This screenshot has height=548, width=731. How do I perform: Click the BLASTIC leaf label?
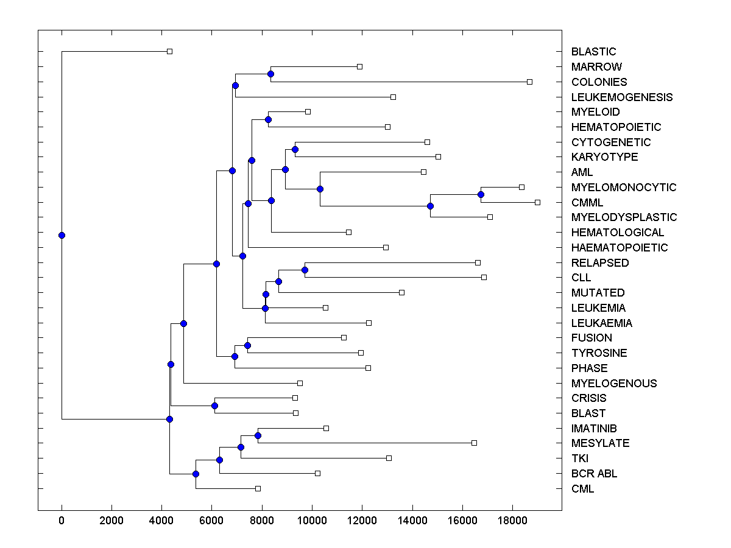pos(593,52)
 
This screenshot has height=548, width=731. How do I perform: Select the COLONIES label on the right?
pos(599,82)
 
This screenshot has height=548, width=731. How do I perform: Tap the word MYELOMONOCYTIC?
pos(624,187)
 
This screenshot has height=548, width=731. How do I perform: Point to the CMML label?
pos(587,202)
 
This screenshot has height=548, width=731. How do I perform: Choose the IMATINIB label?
pos(594,429)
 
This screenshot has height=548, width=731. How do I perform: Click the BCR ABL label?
pos(594,474)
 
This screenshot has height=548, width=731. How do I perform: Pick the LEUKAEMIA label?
pos(601,323)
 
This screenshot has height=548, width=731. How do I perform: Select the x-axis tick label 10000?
pos(312,521)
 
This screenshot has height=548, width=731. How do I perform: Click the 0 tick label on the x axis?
pos(62,521)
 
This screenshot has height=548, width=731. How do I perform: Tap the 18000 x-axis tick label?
pos(512,521)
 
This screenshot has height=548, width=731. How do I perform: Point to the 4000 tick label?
pos(161,521)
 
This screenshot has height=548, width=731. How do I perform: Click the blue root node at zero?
pos(62,235)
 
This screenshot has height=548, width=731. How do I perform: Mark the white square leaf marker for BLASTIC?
pos(170,51)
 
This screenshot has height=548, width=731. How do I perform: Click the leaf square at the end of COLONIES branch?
pos(529,82)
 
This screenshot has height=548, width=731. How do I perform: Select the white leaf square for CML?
pos(258,488)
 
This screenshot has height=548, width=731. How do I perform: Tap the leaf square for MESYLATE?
pos(474,443)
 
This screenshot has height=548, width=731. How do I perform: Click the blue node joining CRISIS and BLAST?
pos(214,406)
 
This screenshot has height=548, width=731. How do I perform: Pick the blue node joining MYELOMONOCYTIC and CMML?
pos(481,194)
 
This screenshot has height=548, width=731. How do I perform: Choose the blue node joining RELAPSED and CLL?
pos(305,270)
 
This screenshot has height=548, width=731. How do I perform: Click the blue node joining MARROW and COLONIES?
pos(271,74)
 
